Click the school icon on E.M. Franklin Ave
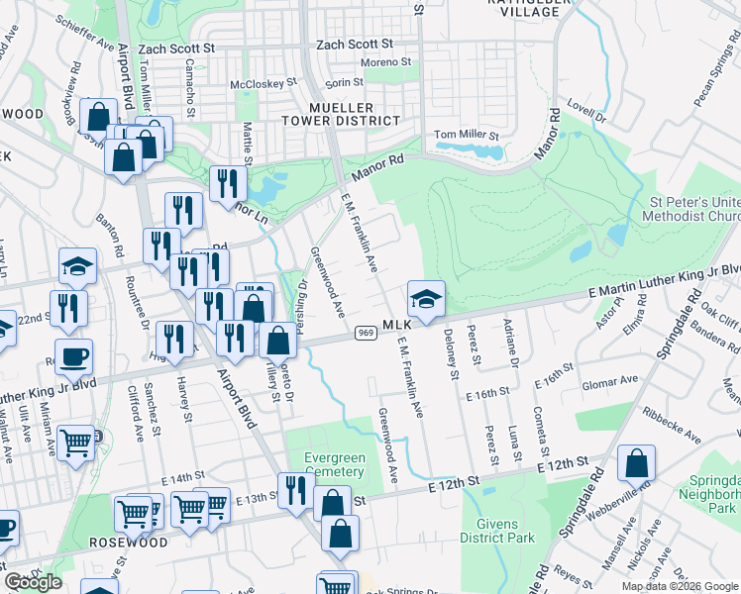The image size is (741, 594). tap(425, 300)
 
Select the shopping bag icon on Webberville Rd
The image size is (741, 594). tap(636, 464)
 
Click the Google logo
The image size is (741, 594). tap(34, 582)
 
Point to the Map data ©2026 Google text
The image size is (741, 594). tap(679, 586)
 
